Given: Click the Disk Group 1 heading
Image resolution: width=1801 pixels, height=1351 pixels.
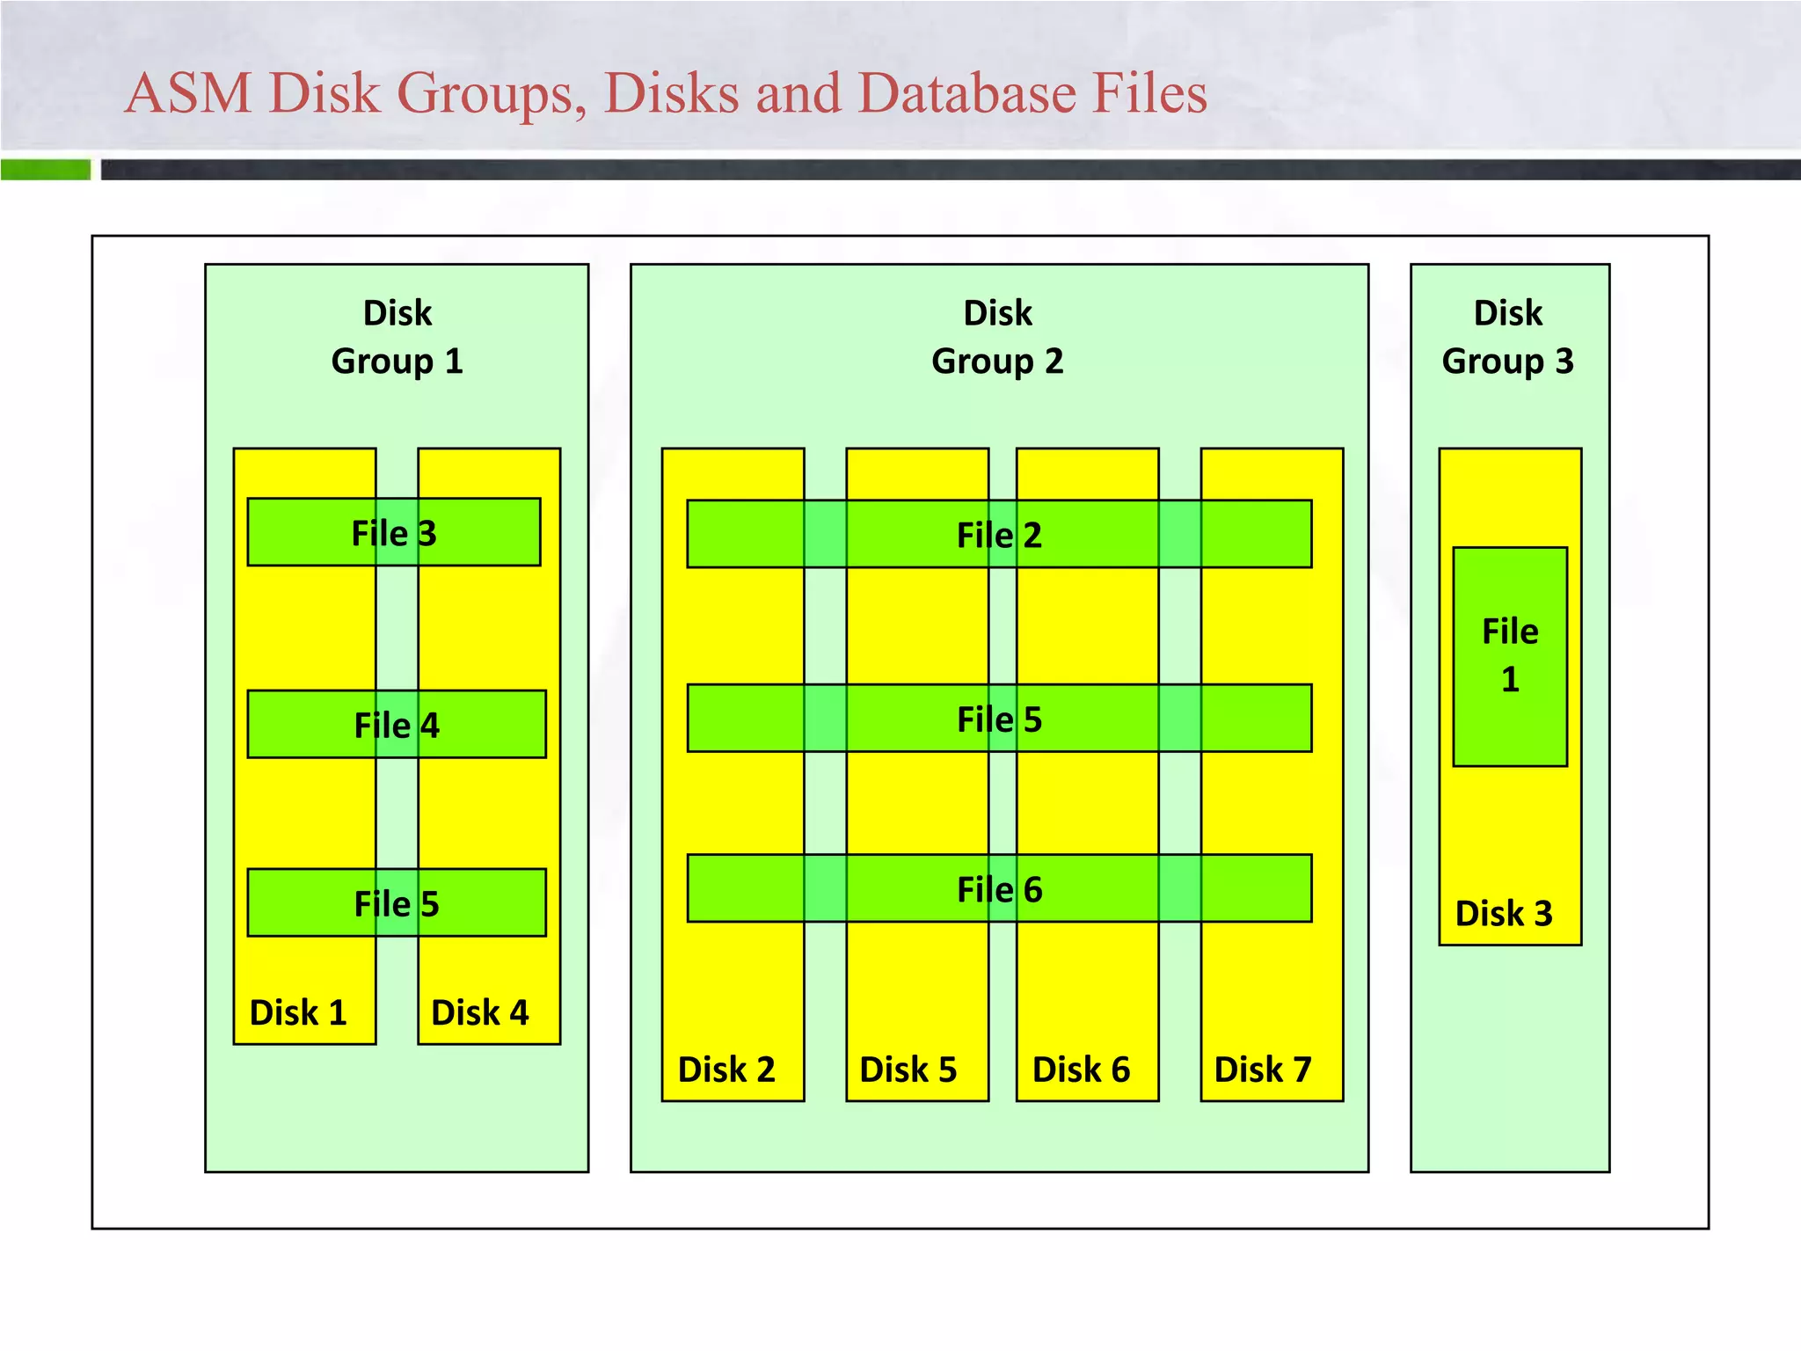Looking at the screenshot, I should coord(397,337).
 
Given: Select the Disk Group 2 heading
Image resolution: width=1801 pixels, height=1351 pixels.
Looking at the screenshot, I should coord(997,337).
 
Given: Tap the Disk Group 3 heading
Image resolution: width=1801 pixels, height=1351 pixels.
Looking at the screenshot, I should coord(1508,337).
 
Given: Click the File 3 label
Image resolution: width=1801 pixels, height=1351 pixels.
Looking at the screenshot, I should coord(394,533).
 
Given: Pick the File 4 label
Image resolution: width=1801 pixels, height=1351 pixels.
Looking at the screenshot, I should coord(397,725).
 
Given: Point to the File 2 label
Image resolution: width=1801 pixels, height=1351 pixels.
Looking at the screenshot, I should coord(999,535).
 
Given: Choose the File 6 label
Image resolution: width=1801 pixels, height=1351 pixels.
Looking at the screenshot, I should coord(999,889).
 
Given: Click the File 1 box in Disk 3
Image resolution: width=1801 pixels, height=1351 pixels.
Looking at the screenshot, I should coord(1510,655).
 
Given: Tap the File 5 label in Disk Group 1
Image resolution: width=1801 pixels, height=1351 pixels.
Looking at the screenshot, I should coord(397,903).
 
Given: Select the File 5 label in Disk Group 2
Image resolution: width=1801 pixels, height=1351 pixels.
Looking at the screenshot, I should coord(999,719).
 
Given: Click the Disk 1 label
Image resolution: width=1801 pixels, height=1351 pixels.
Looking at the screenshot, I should coord(298,1012).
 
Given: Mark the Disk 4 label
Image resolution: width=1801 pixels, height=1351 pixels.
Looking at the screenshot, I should coord(480,1012).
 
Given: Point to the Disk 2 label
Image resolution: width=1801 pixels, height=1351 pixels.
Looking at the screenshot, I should coord(726,1070).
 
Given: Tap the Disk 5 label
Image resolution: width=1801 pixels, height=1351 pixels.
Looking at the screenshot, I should coord(908,1070).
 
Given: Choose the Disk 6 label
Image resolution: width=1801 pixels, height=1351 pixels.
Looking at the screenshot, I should coord(1081,1070).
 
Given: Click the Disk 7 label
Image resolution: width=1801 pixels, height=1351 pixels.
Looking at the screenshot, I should coord(1263,1070).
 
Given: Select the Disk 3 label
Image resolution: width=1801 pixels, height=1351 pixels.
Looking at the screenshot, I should coord(1504,913).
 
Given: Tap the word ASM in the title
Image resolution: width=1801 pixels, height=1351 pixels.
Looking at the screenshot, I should coord(188,92).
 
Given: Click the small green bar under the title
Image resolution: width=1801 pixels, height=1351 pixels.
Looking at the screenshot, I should coord(46,170).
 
